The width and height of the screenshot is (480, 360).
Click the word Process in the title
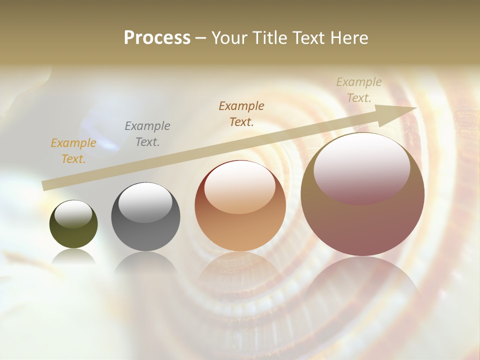(x=157, y=38)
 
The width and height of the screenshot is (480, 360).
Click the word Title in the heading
(x=268, y=38)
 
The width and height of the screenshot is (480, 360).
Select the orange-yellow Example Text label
(x=73, y=151)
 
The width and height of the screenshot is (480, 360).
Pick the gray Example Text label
(x=147, y=134)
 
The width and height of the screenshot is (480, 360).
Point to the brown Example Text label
(x=241, y=113)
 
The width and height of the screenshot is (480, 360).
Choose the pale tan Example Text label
(x=358, y=90)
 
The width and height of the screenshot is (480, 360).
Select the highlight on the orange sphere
(x=240, y=187)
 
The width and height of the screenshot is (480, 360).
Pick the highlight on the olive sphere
(x=73, y=214)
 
